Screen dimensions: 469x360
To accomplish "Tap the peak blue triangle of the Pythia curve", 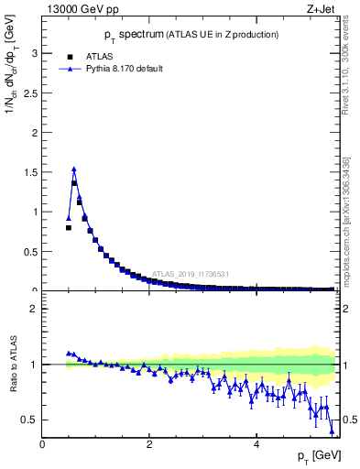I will (x=73, y=169).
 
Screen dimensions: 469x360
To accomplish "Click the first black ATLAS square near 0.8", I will (x=69, y=227).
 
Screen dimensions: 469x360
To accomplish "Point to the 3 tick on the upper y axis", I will (x=34, y=53).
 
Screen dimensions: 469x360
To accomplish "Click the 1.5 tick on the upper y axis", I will (x=30, y=172).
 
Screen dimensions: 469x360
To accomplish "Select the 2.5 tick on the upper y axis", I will (x=30, y=93).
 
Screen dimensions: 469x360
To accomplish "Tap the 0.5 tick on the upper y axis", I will (x=30, y=252).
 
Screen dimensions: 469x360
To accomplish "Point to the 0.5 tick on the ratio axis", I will (x=30, y=420).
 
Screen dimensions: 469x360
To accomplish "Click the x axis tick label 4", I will (x=256, y=444).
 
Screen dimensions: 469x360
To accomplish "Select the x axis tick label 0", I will (x=42, y=444).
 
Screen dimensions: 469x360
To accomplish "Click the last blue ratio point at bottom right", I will (x=332, y=431).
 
